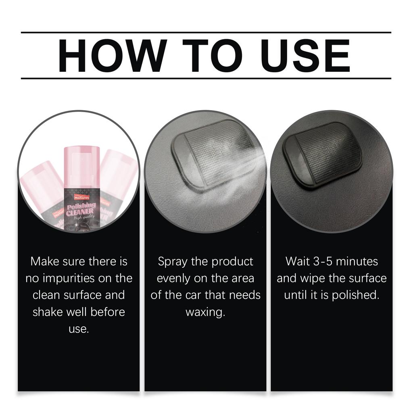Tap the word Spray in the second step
click(173, 262)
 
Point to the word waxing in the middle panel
click(205, 312)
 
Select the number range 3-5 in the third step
click(323, 261)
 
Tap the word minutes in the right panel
click(357, 261)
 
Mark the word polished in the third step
click(355, 295)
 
